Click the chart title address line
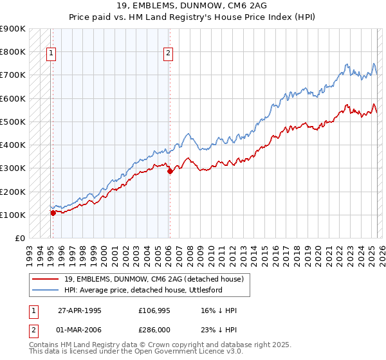tap(192, 5)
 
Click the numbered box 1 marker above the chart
tap(51, 54)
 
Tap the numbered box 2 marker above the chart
tap(168, 54)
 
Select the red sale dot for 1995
tap(53, 213)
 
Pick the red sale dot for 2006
tap(170, 171)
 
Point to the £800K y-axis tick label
tap(13, 51)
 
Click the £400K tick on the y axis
tap(13, 145)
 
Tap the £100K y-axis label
tap(13, 215)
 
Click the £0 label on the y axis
tap(20, 238)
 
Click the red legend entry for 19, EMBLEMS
tap(154, 279)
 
